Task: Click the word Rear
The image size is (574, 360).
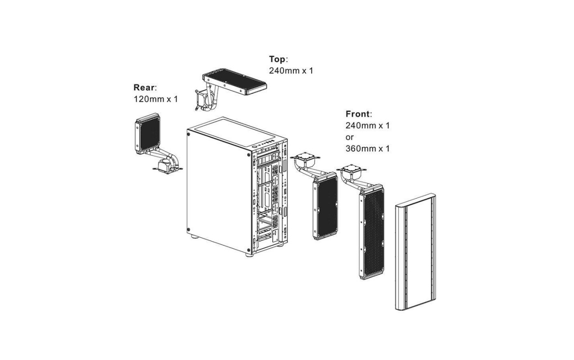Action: click(144, 87)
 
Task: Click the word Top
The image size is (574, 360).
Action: click(277, 59)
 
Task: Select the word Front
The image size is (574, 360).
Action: click(357, 114)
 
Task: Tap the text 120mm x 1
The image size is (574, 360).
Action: click(156, 99)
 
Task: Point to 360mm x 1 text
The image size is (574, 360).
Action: click(367, 148)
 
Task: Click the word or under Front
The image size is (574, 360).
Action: click(349, 137)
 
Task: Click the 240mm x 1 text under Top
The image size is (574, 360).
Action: click(291, 71)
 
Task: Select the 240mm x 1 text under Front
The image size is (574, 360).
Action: click(367, 126)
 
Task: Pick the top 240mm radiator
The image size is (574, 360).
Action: click(235, 81)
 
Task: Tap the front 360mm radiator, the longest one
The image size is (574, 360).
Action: click(371, 232)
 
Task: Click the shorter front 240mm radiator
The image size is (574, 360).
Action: click(325, 206)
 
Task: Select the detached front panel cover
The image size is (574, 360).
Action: click(416, 252)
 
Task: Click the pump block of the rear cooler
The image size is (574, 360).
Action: click(165, 166)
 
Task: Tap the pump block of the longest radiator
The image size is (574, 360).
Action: click(352, 171)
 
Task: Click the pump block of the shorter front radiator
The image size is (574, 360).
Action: click(305, 158)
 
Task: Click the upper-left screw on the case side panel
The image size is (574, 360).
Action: click(189, 134)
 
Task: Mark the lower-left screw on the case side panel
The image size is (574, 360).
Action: click(189, 229)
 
